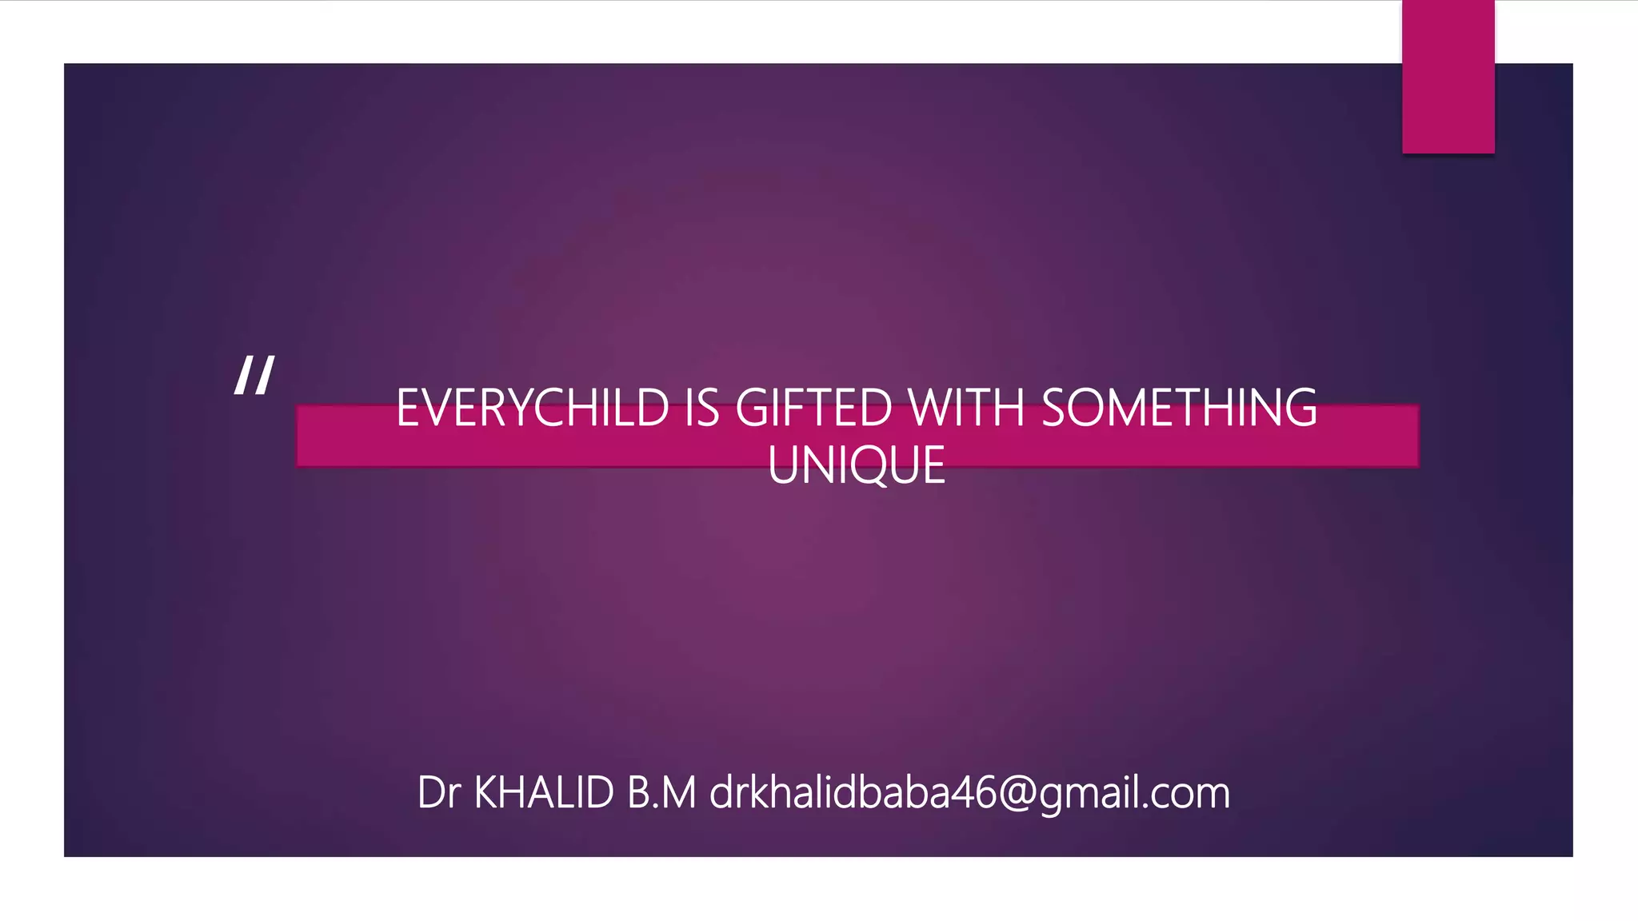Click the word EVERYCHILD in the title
tap(532, 408)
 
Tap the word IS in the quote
tap(702, 408)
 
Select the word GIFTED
tap(813, 408)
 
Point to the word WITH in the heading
tap(966, 408)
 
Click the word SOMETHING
tap(1179, 408)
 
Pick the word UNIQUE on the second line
tap(857, 465)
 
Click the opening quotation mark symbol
tap(254, 375)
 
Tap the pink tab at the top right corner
tap(1448, 77)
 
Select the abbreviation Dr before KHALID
tap(439, 793)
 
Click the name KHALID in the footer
tap(544, 793)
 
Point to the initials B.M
tap(661, 793)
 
